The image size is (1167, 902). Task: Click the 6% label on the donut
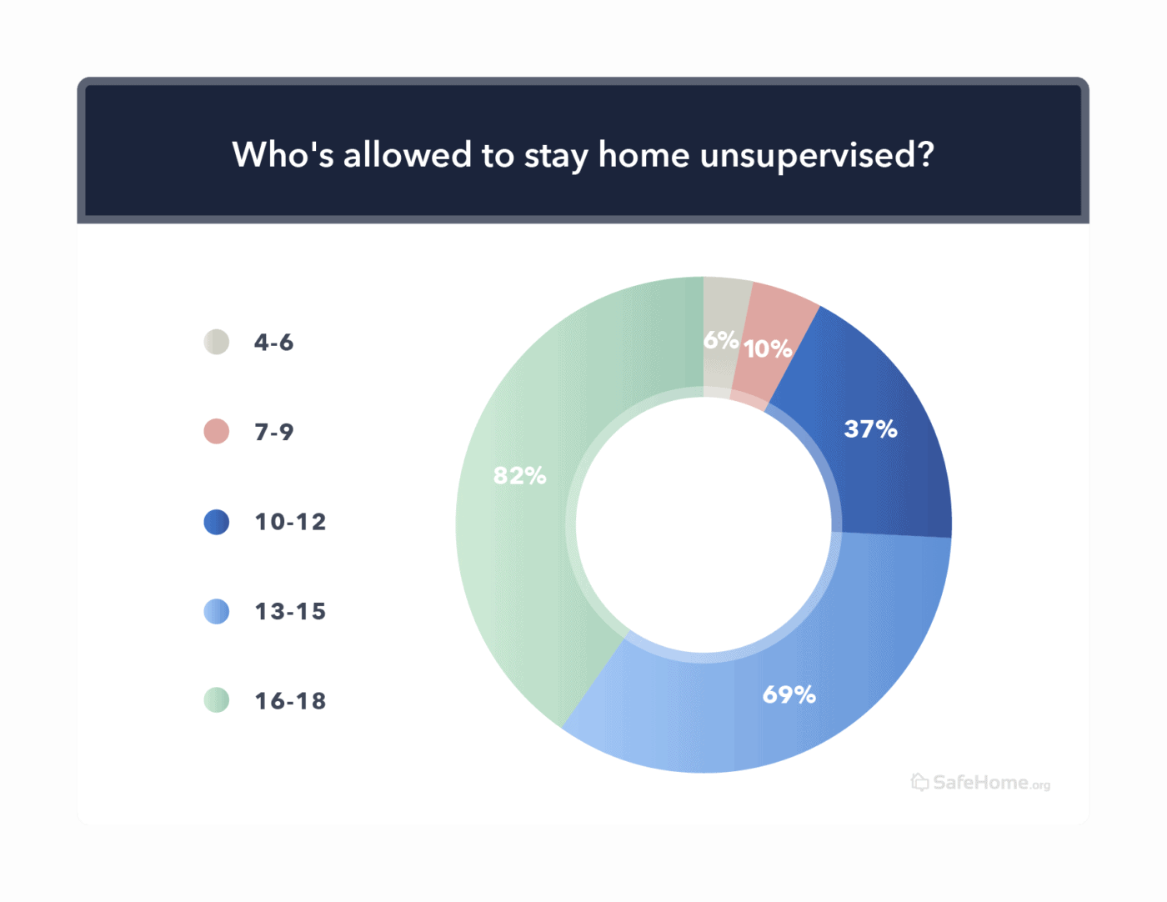click(720, 340)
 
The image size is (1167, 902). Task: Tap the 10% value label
click(768, 348)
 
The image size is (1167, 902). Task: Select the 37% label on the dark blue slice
click(870, 428)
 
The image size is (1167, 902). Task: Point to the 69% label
click(789, 694)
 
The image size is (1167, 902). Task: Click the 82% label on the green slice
click(519, 475)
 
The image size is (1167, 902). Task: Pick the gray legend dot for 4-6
click(217, 342)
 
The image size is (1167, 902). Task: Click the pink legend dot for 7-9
click(217, 431)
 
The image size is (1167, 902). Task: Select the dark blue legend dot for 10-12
click(217, 522)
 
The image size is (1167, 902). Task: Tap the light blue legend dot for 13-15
click(217, 611)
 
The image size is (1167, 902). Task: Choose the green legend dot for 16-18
click(217, 700)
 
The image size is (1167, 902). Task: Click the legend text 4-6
click(273, 343)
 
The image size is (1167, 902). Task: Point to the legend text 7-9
click(273, 432)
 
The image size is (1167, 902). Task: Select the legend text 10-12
click(290, 522)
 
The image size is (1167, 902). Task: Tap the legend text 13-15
click(290, 612)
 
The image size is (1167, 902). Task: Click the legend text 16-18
click(290, 701)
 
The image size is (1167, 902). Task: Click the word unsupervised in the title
click(817, 156)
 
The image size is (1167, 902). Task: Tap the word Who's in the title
click(283, 155)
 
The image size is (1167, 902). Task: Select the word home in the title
click(644, 155)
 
